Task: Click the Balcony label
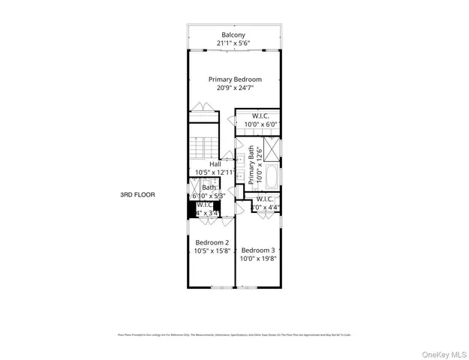click(x=234, y=34)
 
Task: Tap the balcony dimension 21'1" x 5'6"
click(x=234, y=44)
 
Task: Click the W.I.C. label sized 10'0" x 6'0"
click(x=260, y=115)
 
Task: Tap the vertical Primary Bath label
click(x=251, y=165)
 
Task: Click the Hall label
click(x=215, y=163)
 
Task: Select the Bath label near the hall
click(x=208, y=187)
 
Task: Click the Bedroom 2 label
click(x=212, y=242)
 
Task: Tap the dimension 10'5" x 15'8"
click(x=212, y=252)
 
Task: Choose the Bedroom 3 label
click(x=258, y=250)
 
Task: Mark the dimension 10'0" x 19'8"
click(x=258, y=259)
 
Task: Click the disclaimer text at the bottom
click(x=234, y=335)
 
